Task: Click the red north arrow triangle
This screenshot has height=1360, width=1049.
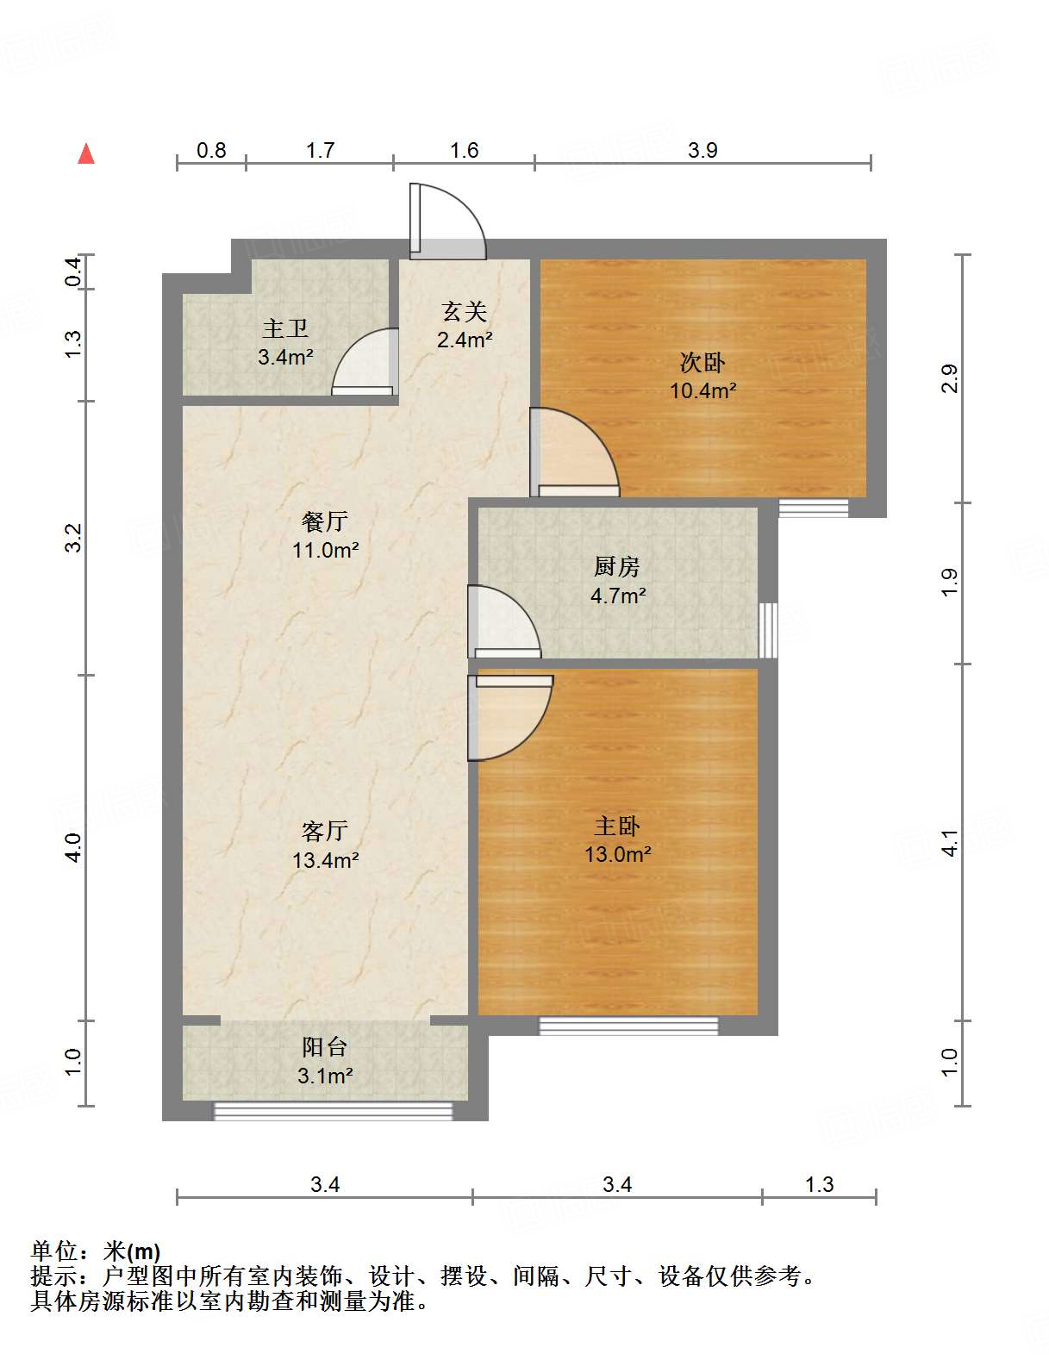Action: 86,153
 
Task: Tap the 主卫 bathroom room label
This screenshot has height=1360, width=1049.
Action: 285,342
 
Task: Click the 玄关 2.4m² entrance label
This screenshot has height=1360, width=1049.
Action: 465,325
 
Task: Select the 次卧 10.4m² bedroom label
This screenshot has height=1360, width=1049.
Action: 702,376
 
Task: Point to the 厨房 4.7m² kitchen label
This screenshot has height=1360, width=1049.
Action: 617,581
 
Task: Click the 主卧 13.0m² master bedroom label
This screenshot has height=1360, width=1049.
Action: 617,840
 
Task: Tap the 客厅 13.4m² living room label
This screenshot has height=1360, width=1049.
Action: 325,845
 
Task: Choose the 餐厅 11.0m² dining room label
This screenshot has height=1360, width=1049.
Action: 325,535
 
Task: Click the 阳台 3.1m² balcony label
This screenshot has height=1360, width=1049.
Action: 325,1061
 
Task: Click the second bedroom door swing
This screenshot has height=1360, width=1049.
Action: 572,452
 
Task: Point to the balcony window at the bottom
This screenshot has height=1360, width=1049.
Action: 333,1112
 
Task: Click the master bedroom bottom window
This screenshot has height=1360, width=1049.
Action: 628,1026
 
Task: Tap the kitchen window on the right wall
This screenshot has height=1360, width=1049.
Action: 768,630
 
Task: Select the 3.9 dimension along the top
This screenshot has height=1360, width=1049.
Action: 702,151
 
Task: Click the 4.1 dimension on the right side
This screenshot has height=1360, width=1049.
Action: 949,842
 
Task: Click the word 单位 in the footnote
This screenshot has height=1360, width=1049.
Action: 53,1251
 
